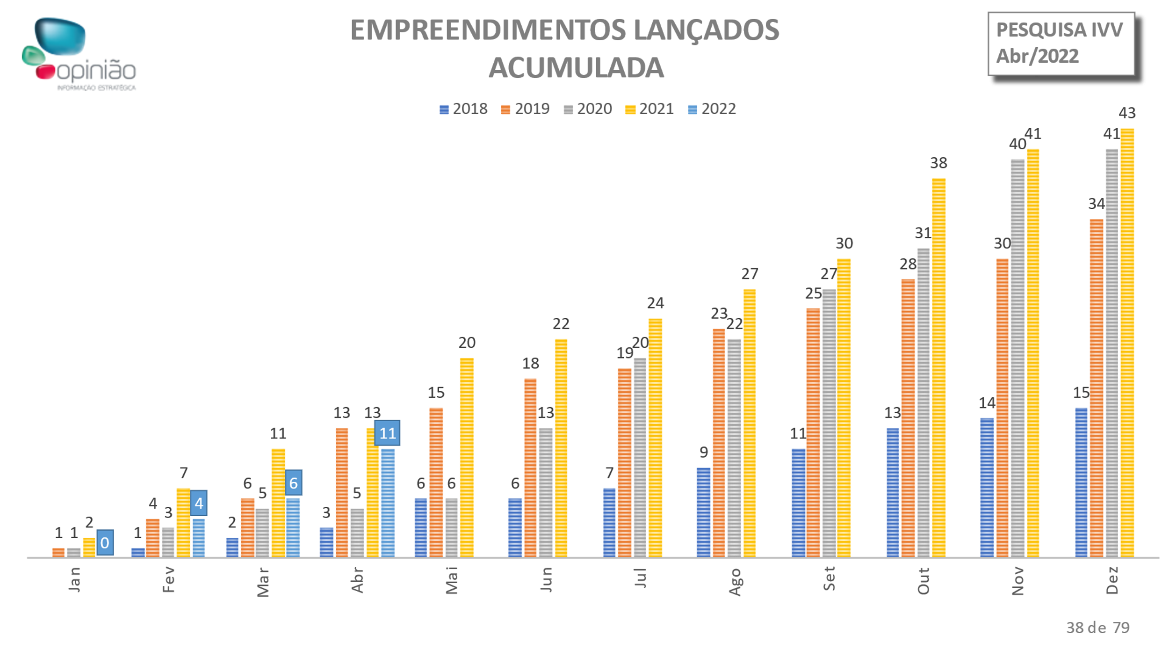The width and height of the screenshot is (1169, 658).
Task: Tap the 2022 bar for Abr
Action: [x=388, y=503]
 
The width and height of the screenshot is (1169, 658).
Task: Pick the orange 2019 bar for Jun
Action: [x=530, y=468]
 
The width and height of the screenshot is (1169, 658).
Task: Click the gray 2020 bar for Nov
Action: [x=1017, y=358]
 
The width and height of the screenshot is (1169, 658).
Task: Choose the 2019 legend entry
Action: [x=525, y=109]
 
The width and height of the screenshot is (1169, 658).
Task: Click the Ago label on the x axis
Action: [x=735, y=581]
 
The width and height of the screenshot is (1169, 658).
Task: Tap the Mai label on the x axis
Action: [x=452, y=580]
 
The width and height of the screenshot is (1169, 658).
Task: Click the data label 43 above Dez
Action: [x=1127, y=113]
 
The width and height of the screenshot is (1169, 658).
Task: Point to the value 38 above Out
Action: [x=938, y=163]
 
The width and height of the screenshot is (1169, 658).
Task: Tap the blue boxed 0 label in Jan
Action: [x=105, y=542]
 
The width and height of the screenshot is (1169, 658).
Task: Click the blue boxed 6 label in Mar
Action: [x=293, y=483]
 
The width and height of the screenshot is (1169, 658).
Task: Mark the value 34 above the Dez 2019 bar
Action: [x=1097, y=204]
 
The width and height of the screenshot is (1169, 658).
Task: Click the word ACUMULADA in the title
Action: [x=576, y=68]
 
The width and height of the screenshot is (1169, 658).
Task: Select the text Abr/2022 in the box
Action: [x=1037, y=56]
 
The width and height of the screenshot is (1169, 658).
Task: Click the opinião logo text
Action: [x=96, y=71]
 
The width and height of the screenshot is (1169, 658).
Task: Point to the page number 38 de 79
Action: [x=1097, y=628]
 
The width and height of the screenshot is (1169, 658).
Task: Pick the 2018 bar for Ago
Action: [x=703, y=512]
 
